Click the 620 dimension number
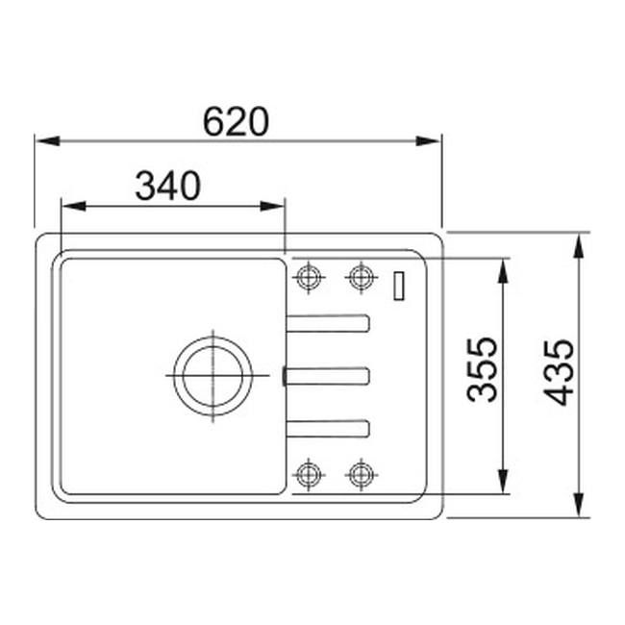pyautogui.click(x=236, y=121)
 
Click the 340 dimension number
pyautogui.click(x=168, y=186)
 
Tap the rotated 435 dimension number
pyautogui.click(x=559, y=372)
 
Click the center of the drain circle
pyautogui.click(x=212, y=375)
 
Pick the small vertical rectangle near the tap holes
pyautogui.click(x=399, y=286)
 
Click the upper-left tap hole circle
pyautogui.click(x=309, y=277)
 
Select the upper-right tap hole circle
pyautogui.click(x=362, y=277)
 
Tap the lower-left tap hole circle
pyautogui.click(x=309, y=474)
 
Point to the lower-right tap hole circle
pyautogui.click(x=362, y=474)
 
